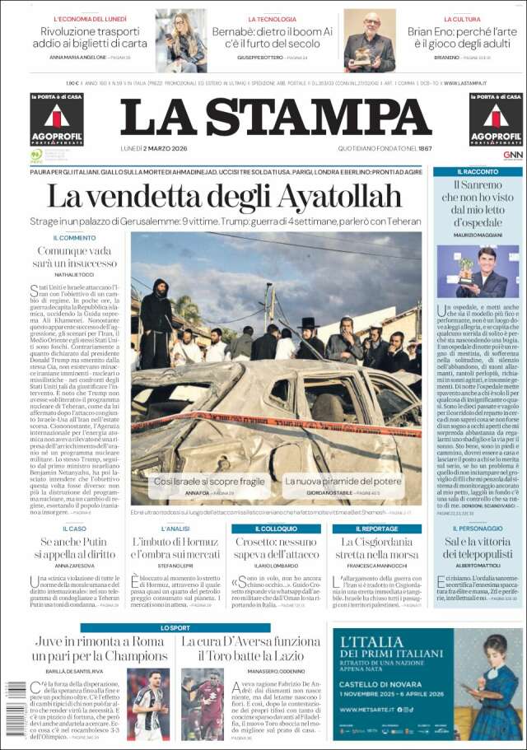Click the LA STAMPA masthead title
coord(276,117)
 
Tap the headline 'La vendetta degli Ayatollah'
coord(224,197)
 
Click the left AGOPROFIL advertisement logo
coord(57,120)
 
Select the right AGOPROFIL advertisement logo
coord(496,120)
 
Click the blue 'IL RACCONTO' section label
coord(478,171)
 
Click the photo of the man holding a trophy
coord(478,271)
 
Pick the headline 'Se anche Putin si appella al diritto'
coord(74,549)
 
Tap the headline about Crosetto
coord(276,549)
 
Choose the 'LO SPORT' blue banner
coord(175,627)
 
